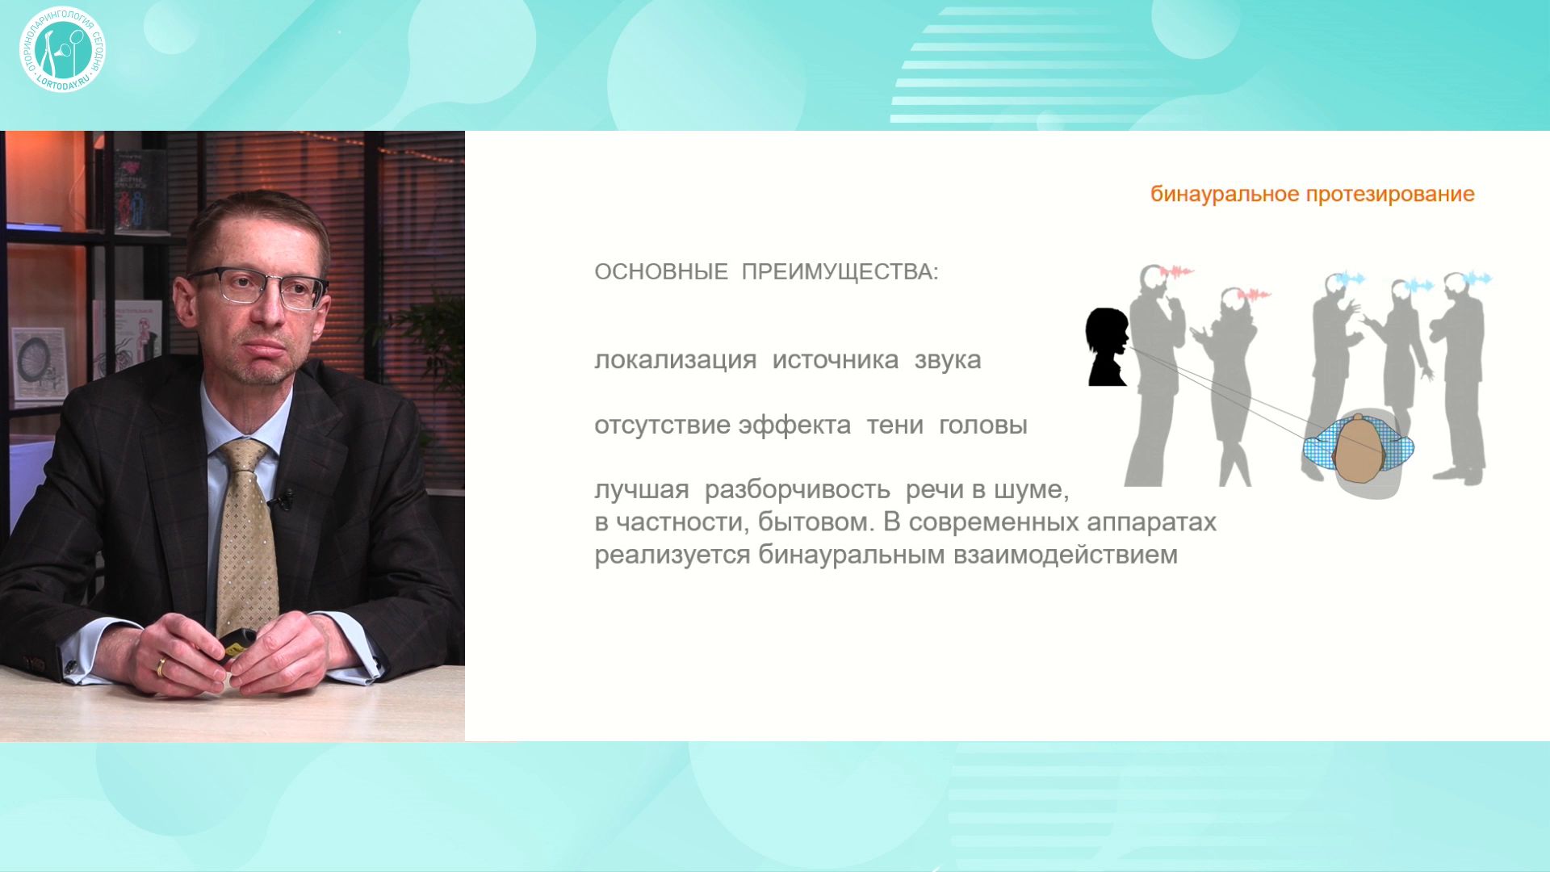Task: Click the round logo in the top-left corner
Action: (62, 49)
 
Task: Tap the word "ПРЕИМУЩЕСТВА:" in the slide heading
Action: (840, 272)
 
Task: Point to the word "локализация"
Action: (675, 360)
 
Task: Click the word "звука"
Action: (948, 361)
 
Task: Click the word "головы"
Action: (983, 426)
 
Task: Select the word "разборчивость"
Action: (797, 490)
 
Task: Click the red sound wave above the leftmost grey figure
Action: (1176, 271)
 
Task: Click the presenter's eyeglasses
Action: (258, 287)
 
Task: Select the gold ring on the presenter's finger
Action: (161, 667)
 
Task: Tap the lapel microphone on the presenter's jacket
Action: (282, 500)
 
